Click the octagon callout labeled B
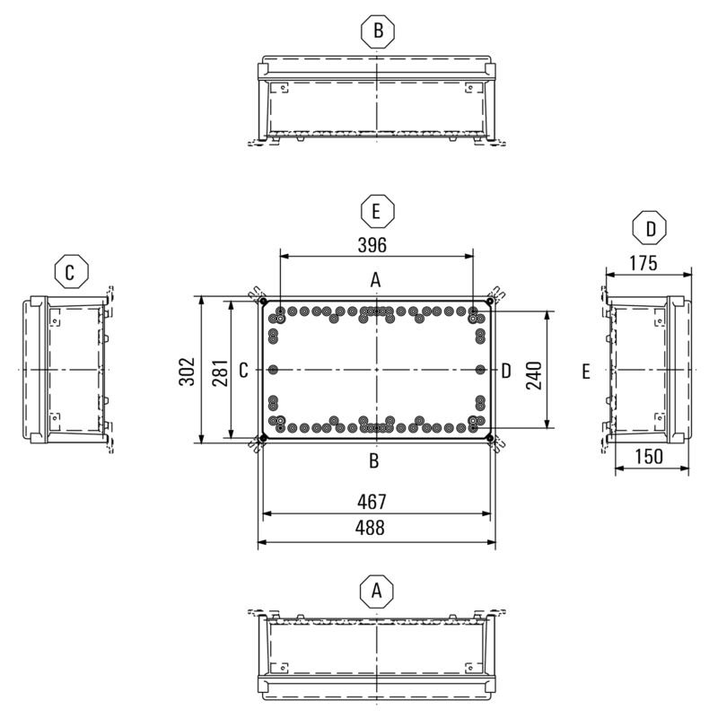tap(378, 31)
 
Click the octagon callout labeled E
tap(377, 211)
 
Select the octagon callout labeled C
tap(71, 272)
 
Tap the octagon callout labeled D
tap(649, 228)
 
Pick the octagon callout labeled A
tap(377, 591)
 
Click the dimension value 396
tap(372, 245)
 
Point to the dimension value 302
tap(187, 372)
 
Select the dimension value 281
tap(220, 373)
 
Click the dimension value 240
tap(534, 375)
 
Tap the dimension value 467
tap(372, 502)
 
